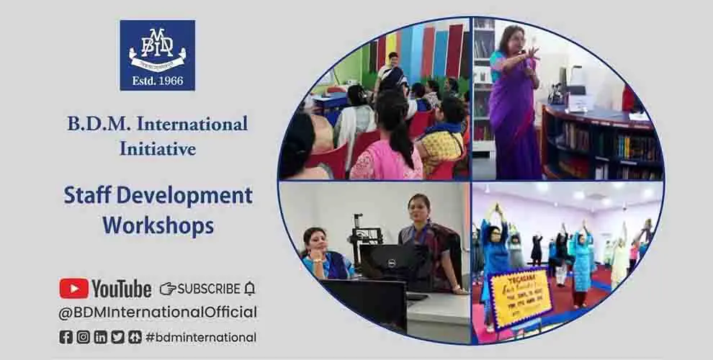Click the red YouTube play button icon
(x=73, y=289)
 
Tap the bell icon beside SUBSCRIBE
(x=250, y=289)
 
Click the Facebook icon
(x=66, y=336)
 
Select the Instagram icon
(x=84, y=336)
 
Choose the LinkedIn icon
(x=100, y=336)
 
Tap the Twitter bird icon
(x=117, y=336)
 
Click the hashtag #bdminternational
(x=201, y=336)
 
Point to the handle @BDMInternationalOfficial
(x=158, y=312)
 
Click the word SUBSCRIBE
(x=209, y=289)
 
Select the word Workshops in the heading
(x=158, y=225)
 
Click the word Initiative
(x=158, y=149)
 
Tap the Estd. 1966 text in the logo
(x=157, y=81)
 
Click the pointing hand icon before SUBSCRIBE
(x=167, y=289)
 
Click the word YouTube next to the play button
(x=121, y=289)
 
